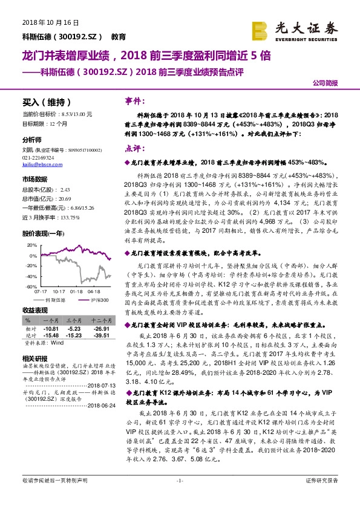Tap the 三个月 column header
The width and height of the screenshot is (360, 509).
73,320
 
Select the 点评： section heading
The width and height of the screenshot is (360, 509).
133,148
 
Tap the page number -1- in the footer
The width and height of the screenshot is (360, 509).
179,481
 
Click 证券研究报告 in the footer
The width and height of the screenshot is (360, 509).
322,481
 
